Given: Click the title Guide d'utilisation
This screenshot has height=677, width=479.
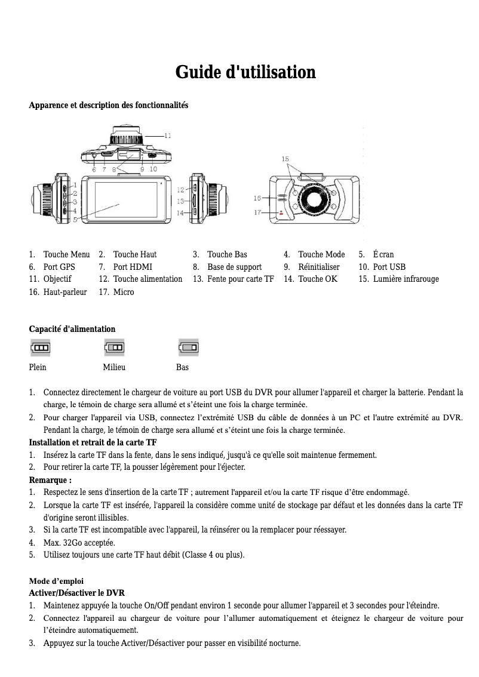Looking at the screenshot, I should (x=245, y=73).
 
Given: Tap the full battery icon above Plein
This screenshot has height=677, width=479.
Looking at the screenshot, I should (x=41, y=347).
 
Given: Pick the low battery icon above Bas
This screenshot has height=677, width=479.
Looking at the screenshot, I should (x=189, y=347).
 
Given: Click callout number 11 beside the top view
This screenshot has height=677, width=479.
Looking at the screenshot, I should (x=168, y=136).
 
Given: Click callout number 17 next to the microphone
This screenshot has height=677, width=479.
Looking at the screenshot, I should (x=257, y=212).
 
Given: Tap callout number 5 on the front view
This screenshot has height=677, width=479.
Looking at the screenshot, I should (x=76, y=219).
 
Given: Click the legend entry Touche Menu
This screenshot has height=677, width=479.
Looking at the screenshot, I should (x=66, y=254).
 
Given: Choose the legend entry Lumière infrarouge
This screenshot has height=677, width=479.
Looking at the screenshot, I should (x=406, y=279).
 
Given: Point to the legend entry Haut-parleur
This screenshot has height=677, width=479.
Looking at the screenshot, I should (x=65, y=292).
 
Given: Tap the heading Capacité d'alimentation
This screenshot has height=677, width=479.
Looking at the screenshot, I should (x=72, y=329).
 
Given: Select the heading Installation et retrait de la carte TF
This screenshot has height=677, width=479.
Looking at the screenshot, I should (x=93, y=442).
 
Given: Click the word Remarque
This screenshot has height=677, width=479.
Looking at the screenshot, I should (x=49, y=480).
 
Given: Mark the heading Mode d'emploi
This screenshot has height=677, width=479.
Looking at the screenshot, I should (x=57, y=581).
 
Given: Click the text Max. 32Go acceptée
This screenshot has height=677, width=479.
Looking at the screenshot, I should (x=79, y=543).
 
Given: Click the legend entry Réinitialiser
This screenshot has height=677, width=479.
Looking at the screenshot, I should (x=319, y=267).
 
